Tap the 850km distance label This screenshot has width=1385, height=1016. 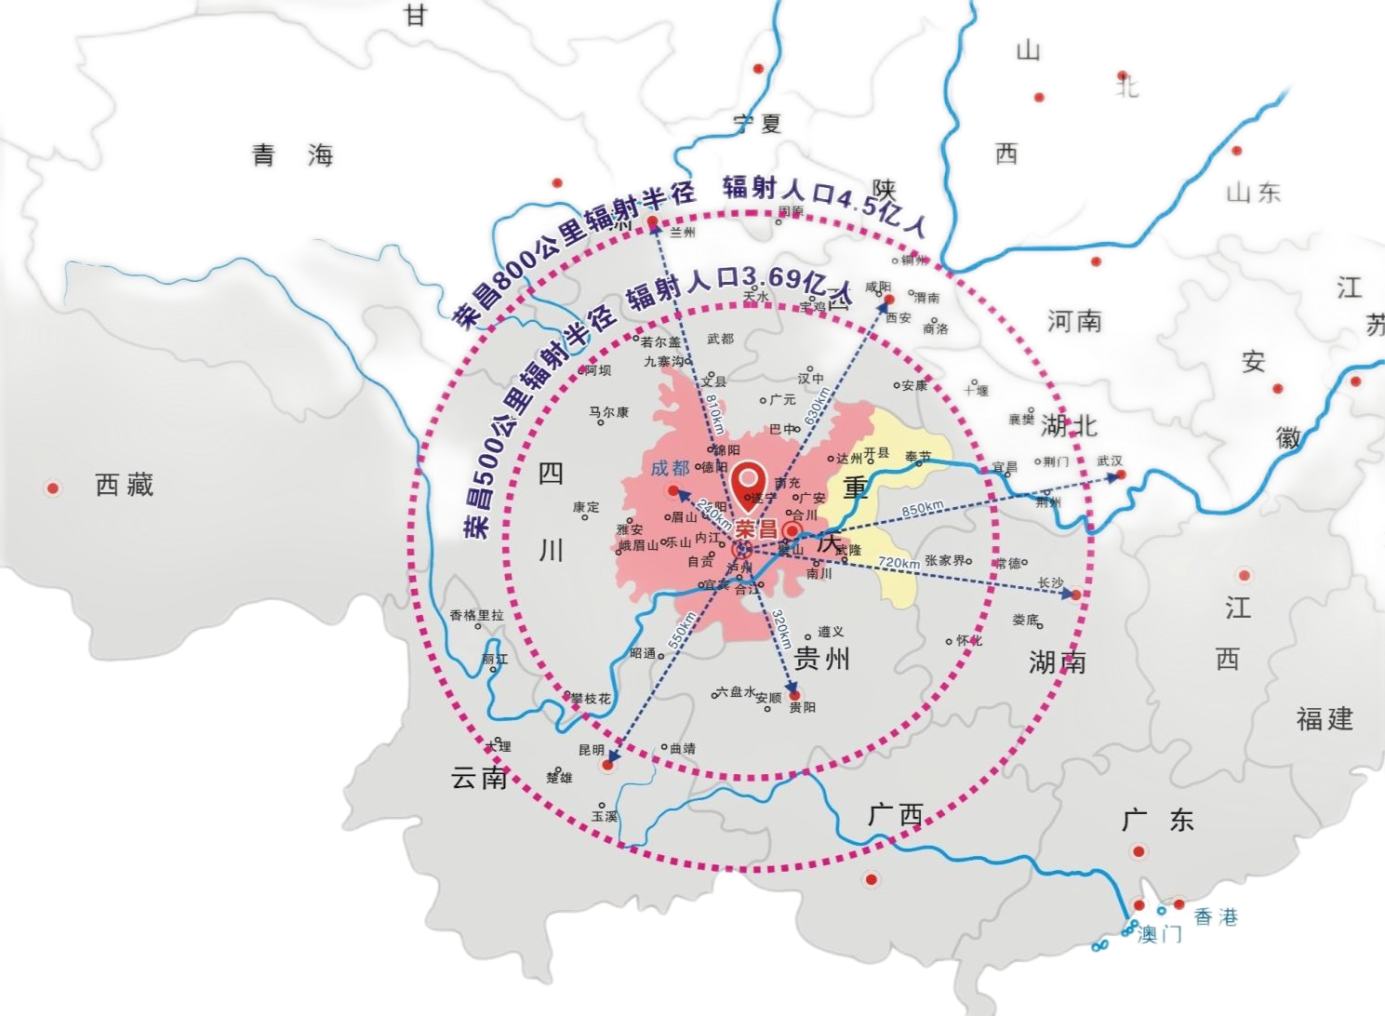(922, 509)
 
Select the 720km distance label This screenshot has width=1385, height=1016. (899, 562)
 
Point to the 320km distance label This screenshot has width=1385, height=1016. (781, 630)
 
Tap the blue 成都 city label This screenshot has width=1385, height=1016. (670, 468)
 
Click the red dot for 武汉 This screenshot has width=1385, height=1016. (1122, 475)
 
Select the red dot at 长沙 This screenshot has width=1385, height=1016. (1076, 594)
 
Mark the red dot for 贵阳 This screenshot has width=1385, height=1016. (794, 695)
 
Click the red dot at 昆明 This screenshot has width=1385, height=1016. (608, 765)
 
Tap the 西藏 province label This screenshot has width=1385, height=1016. (124, 485)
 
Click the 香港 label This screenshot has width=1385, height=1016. (1217, 917)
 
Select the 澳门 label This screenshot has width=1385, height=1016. (1160, 933)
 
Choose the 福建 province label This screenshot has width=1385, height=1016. (1325, 718)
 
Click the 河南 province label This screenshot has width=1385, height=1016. (1074, 322)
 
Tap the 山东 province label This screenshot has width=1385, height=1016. (1255, 193)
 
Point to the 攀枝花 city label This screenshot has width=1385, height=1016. (591, 698)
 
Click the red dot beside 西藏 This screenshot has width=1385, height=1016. (53, 488)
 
